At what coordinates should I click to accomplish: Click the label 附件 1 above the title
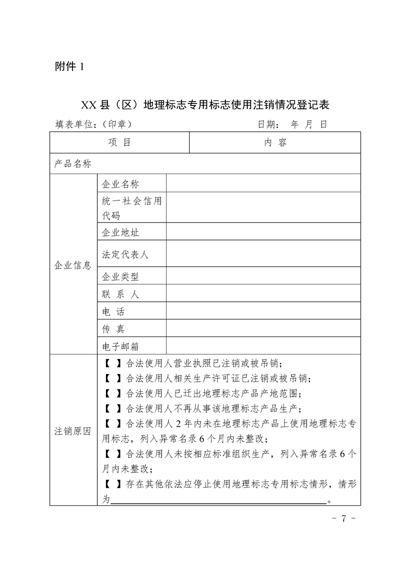pyautogui.click(x=68, y=66)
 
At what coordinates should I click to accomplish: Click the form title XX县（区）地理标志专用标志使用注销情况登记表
pyautogui.click(x=205, y=105)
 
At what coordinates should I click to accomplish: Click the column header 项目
pyautogui.click(x=119, y=143)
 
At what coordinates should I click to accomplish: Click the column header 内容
pyautogui.click(x=275, y=143)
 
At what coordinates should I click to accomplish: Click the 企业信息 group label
pyautogui.click(x=73, y=265)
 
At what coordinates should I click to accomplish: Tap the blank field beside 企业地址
pyautogui.click(x=263, y=232)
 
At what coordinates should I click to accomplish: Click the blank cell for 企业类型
pyautogui.click(x=263, y=277)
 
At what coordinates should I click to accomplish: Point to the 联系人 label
pyautogui.click(x=121, y=294)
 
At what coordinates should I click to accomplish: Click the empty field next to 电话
pyautogui.click(x=263, y=311)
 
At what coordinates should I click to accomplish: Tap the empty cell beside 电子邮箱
pyautogui.click(x=263, y=346)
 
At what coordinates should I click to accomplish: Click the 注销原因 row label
pyautogui.click(x=73, y=431)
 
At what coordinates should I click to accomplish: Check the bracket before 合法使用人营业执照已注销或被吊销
pyautogui.click(x=113, y=363)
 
